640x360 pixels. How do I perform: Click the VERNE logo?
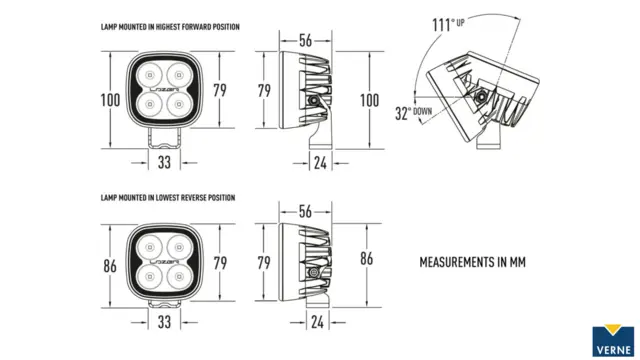pos(613,340)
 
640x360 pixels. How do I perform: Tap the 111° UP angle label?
pos(448,24)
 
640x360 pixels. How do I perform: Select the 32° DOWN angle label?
pos(413,113)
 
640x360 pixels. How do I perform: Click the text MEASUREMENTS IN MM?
pos(472,262)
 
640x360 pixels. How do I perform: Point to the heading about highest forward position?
pos(170,27)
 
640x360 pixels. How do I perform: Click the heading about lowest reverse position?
pos(168,198)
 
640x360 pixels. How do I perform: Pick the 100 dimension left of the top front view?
pos(110,100)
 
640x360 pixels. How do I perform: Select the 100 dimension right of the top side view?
pos(369,100)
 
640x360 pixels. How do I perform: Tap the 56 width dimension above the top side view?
pos(305,40)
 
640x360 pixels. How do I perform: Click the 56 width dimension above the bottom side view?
pos(305,211)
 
